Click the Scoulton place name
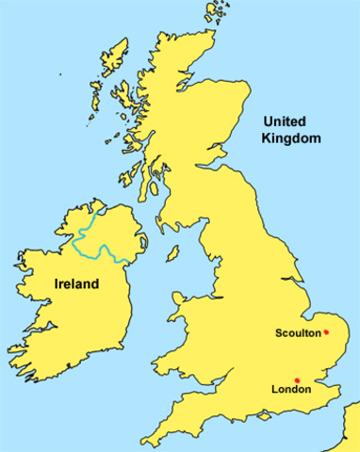point(298,332)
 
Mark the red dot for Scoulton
point(326,331)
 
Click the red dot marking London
point(297,379)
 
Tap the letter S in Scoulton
point(278,332)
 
